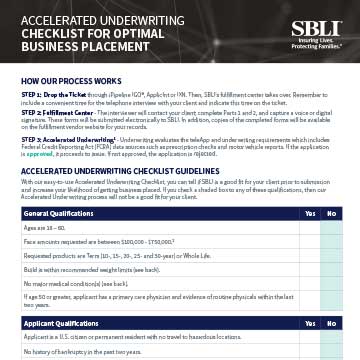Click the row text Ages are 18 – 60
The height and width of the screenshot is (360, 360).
point(47,228)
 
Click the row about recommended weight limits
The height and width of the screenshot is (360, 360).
point(93,270)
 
